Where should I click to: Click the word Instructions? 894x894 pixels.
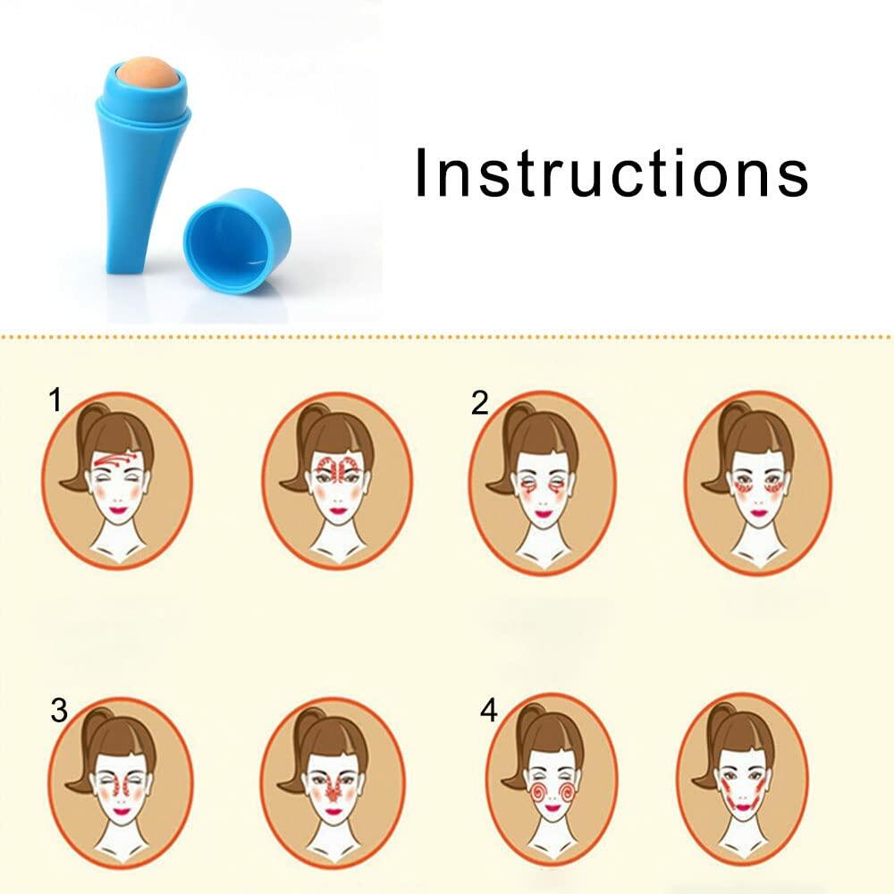[x=611, y=173]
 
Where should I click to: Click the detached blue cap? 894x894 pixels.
[x=237, y=241]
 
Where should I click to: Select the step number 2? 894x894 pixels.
[x=479, y=403]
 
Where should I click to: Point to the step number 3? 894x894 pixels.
[x=59, y=711]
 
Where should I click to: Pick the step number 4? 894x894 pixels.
[x=489, y=711]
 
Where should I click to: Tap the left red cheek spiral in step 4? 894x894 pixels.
[x=538, y=793]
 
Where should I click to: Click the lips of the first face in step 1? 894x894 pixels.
[x=119, y=509]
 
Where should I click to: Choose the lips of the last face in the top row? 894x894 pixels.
[x=759, y=512]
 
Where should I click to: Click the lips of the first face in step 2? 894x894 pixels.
[x=543, y=514]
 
